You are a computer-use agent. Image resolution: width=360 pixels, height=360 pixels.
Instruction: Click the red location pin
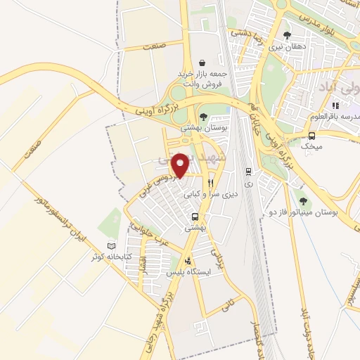pyautogui.click(x=180, y=165)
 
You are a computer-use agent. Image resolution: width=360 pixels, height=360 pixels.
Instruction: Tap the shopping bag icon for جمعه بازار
pyautogui.click(x=202, y=63)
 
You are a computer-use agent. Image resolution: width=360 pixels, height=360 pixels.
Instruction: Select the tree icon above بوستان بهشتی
pyautogui.click(x=203, y=117)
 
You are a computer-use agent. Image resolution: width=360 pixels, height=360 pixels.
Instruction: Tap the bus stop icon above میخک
pyautogui.click(x=311, y=135)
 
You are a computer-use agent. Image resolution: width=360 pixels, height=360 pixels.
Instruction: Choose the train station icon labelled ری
pyautogui.click(x=248, y=171)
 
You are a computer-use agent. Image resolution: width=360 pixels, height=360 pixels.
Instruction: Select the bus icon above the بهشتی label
pyautogui.click(x=194, y=217)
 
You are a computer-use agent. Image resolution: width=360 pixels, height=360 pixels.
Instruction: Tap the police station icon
pyautogui.click(x=186, y=260)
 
